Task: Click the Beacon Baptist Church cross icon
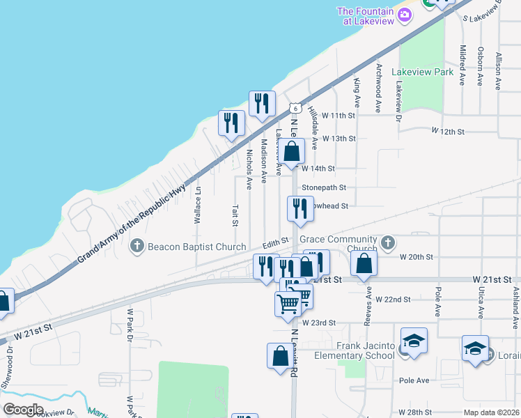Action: (137, 245)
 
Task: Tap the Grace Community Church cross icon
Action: (388, 243)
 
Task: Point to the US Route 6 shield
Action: (295, 108)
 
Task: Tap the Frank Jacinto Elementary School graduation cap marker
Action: (414, 341)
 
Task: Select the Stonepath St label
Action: (323, 188)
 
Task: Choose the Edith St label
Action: (275, 242)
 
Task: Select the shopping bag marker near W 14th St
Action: (293, 150)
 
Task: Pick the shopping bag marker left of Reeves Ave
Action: (364, 264)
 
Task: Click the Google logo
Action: (24, 409)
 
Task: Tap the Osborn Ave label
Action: (481, 66)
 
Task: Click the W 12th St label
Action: (447, 131)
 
